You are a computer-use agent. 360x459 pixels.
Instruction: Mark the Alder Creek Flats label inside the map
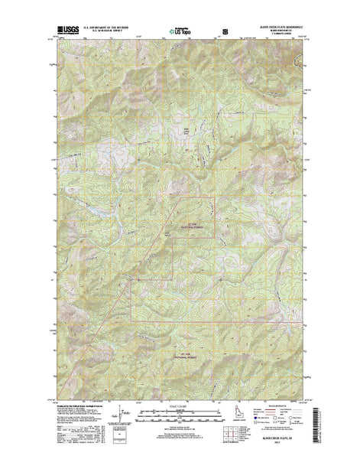(x=163, y=132)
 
